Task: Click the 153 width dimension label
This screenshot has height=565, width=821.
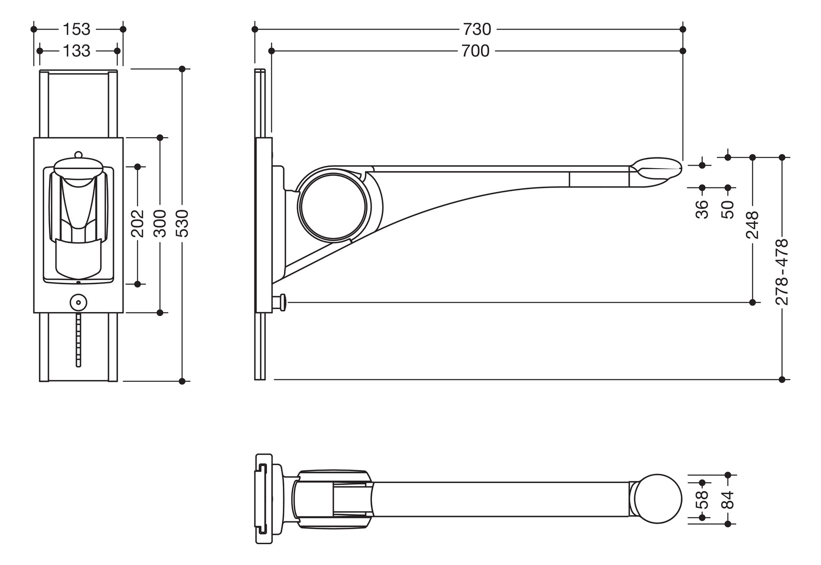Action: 77,30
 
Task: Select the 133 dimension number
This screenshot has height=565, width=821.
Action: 77,51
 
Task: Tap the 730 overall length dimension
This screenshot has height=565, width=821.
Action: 477,30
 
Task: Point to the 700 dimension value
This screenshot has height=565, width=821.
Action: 475,51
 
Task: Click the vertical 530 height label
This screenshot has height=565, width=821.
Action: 183,223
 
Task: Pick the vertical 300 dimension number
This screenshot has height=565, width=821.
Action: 160,223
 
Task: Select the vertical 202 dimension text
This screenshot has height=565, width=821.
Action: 138,223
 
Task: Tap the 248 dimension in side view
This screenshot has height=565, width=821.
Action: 752,225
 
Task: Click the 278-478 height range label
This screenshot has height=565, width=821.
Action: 782,271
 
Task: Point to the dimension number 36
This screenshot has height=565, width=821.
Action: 702,209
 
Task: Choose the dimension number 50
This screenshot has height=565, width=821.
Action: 728,209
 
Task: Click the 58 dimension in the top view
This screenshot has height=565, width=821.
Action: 702,500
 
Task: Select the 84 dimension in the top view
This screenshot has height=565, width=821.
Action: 728,500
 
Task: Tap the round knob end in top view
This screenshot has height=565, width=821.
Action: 657,499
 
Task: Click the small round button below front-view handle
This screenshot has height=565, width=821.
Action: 78,302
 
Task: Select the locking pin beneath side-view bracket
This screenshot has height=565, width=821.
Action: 281,303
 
